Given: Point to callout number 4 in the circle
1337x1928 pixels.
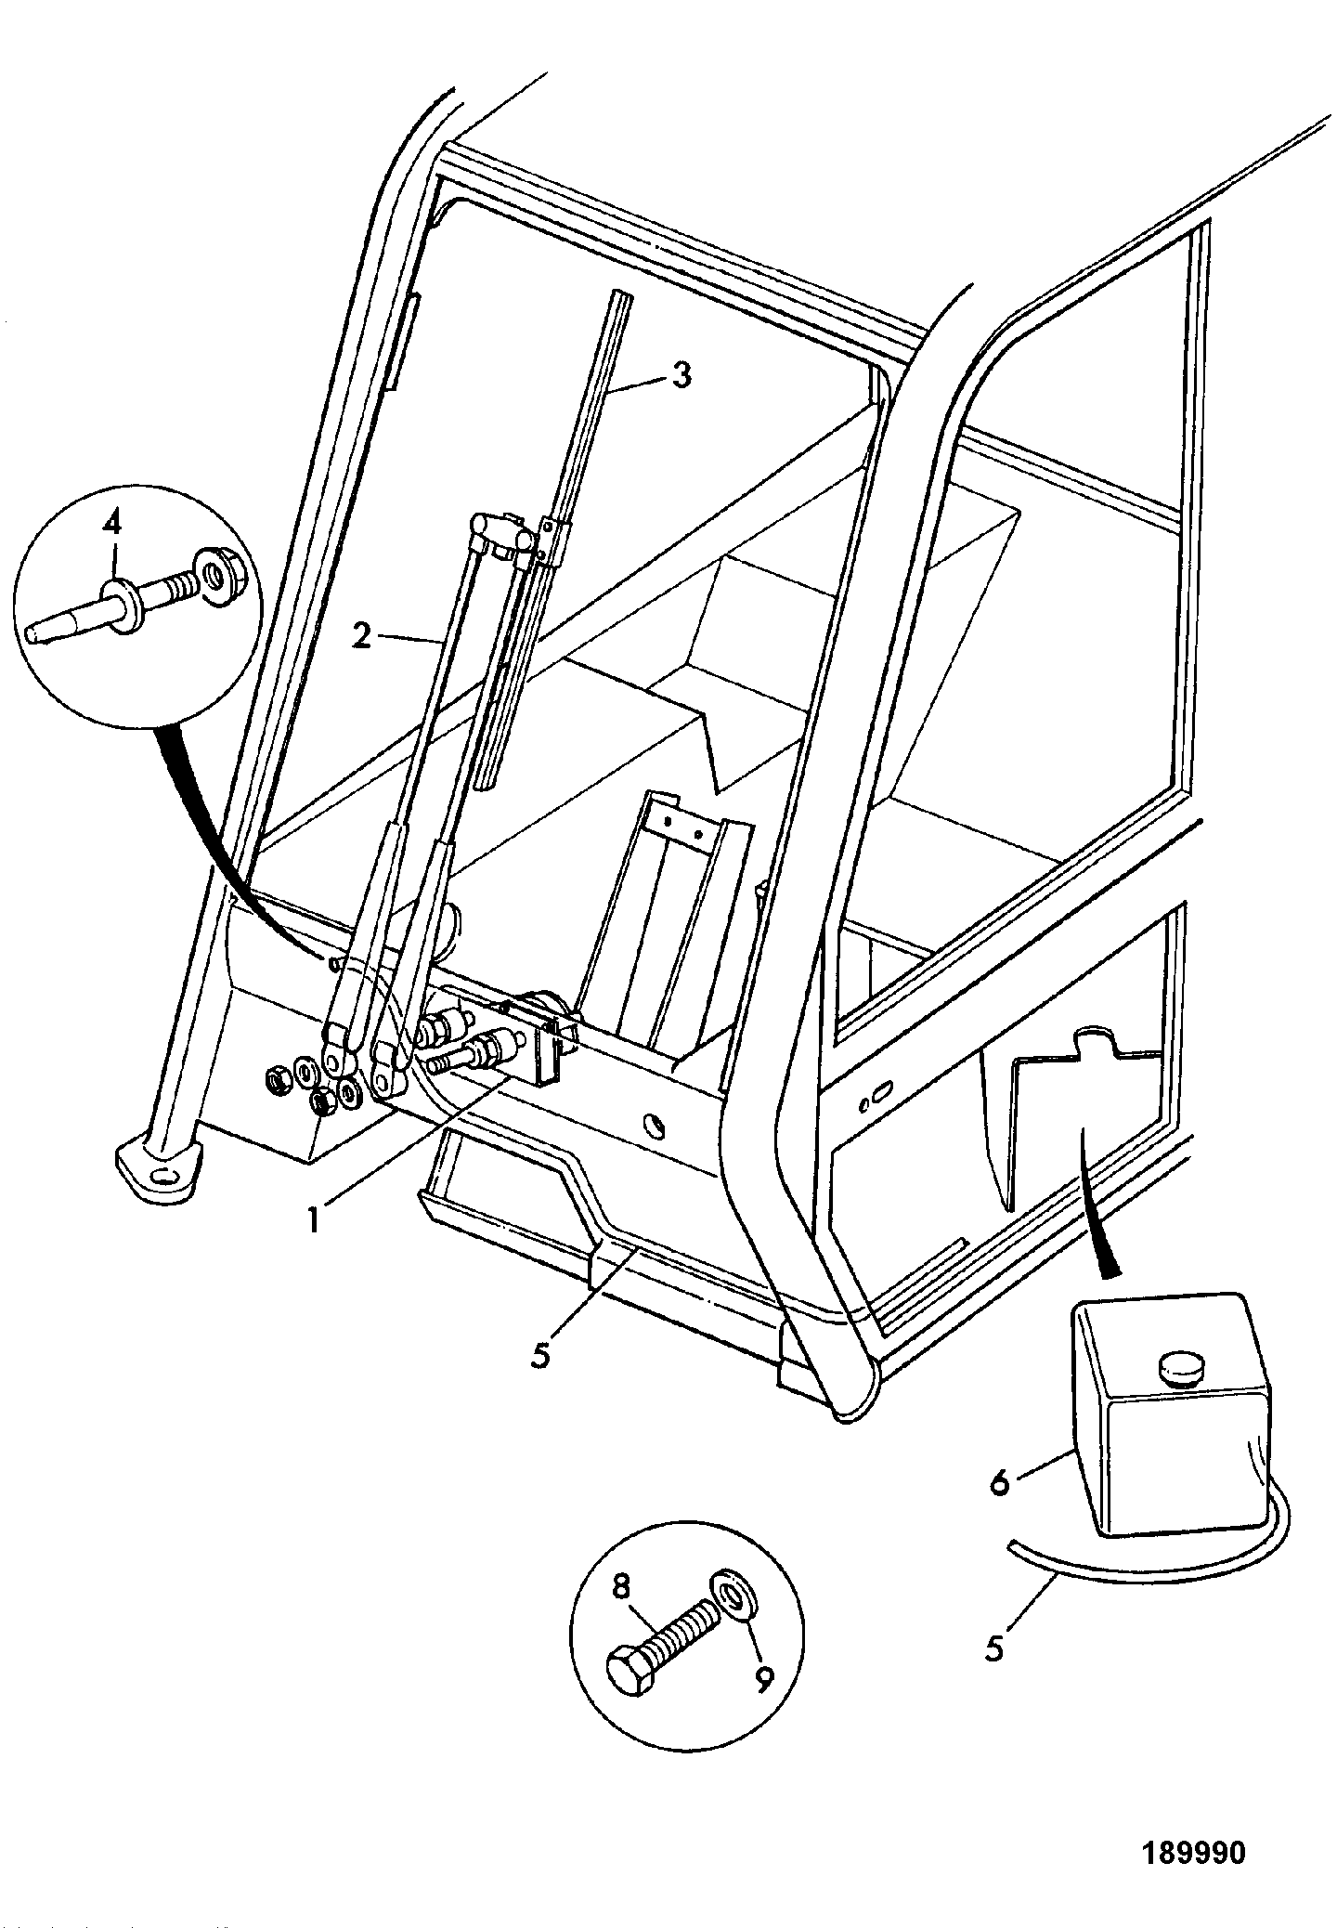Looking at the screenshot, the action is pyautogui.click(x=112, y=524).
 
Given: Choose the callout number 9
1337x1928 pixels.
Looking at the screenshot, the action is pyautogui.click(x=763, y=1678).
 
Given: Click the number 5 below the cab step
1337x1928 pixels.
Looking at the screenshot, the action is pyautogui.click(x=541, y=1353).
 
